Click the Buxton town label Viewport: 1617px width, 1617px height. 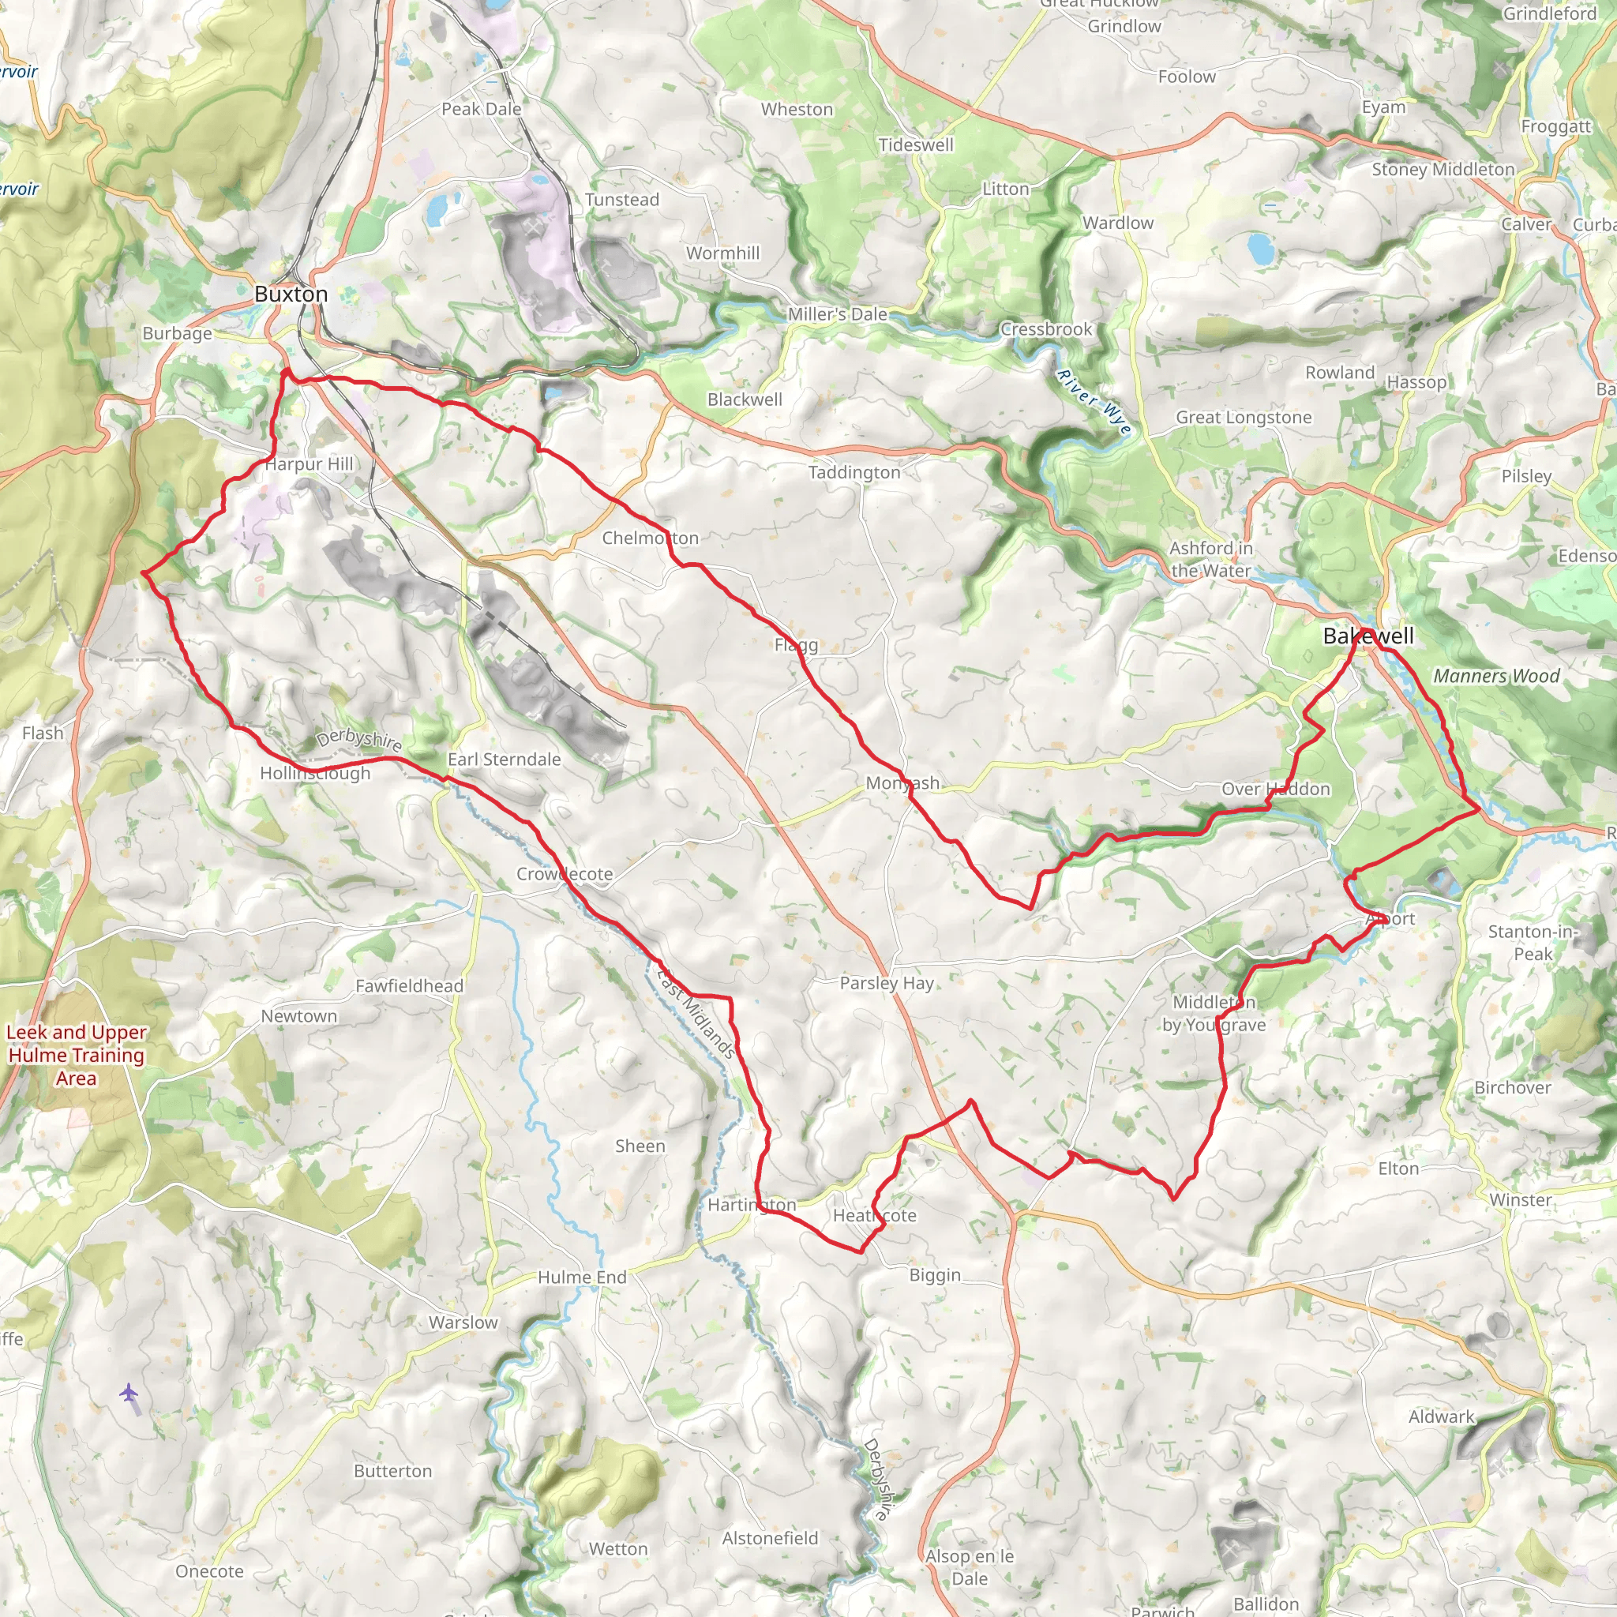click(x=291, y=294)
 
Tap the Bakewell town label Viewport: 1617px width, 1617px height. click(x=1368, y=636)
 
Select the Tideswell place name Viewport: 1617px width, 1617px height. click(x=916, y=144)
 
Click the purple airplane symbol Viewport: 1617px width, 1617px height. click(x=128, y=1393)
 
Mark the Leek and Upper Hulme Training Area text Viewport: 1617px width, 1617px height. click(x=76, y=1055)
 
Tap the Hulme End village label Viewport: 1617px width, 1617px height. click(x=582, y=1277)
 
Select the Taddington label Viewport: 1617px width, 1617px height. click(x=854, y=472)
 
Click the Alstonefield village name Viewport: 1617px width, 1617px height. click(x=769, y=1538)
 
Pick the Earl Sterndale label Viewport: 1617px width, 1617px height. click(x=504, y=759)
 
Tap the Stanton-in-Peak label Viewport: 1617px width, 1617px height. click(x=1532, y=943)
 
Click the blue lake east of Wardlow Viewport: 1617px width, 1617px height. click(x=1259, y=247)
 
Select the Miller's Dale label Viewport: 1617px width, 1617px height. click(x=837, y=314)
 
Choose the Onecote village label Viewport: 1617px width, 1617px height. click(x=209, y=1571)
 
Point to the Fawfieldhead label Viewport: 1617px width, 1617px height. click(x=408, y=986)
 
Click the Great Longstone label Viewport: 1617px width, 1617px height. click(x=1243, y=417)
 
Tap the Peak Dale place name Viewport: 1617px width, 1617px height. click(x=482, y=109)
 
